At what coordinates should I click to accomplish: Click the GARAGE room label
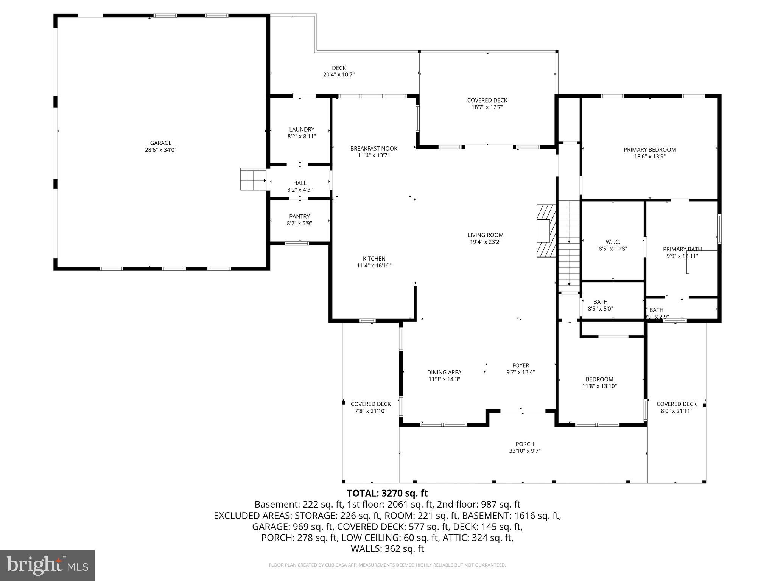click(161, 143)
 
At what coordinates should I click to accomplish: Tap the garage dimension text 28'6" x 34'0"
click(161, 150)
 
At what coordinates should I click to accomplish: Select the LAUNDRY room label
click(302, 129)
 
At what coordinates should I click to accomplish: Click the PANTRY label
click(299, 216)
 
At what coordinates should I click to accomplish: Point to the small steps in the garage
click(253, 180)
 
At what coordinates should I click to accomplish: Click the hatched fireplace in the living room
click(546, 231)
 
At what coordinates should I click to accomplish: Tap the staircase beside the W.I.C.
click(569, 244)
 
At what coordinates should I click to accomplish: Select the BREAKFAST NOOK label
click(373, 149)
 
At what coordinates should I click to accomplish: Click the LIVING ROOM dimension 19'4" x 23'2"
click(486, 242)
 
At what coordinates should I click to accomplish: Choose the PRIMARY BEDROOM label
click(649, 150)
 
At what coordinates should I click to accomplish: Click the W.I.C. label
click(613, 242)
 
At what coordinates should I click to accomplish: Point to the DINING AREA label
click(444, 372)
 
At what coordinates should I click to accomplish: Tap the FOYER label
click(520, 365)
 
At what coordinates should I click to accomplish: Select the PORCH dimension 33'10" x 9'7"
click(525, 451)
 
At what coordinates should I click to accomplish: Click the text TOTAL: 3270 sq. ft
click(387, 493)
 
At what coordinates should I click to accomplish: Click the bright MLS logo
click(47, 565)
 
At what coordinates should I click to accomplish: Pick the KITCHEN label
click(374, 259)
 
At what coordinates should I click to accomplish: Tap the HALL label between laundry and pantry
click(300, 183)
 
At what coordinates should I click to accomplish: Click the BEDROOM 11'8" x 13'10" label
click(599, 379)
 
